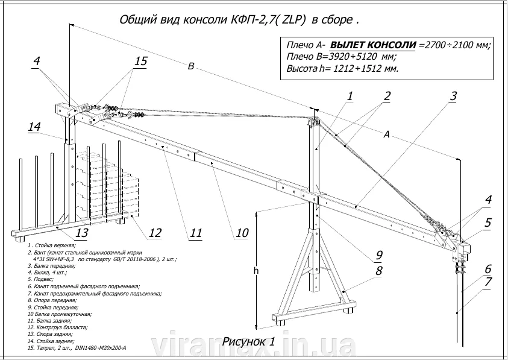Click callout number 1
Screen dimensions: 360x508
point(350,96)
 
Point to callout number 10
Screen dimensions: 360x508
point(242,233)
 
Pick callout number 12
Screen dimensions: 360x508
point(155,233)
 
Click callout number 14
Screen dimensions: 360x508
point(34,127)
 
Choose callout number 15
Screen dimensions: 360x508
point(140,62)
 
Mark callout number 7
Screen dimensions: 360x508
point(488,282)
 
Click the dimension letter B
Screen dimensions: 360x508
point(190,68)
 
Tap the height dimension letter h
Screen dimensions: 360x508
point(256,271)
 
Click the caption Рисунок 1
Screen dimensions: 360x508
point(249,341)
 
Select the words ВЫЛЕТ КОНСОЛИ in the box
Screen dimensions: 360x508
point(374,45)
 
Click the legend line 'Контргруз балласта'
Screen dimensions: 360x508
point(58,327)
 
